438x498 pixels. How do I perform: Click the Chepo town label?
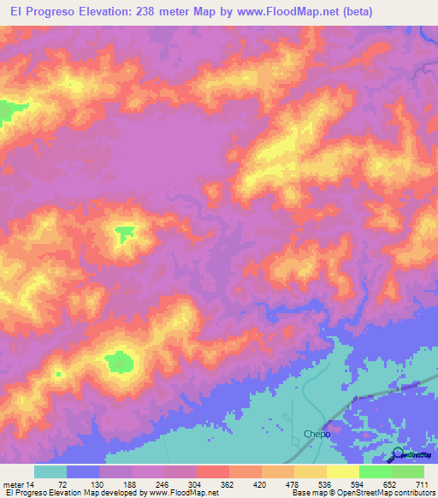pyautogui.click(x=317, y=435)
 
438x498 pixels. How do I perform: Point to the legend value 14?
pyautogui.click(x=29, y=485)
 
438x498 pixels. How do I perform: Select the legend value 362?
pyautogui.click(x=227, y=485)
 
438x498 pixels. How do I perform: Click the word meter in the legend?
pyautogui.click(x=13, y=485)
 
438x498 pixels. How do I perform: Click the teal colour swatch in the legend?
pyautogui.click(x=50, y=471)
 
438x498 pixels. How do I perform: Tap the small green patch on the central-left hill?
pyautogui.click(x=124, y=232)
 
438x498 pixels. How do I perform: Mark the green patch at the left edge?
pyautogui.click(x=7, y=111)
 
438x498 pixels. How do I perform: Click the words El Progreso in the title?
pyautogui.click(x=38, y=12)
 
